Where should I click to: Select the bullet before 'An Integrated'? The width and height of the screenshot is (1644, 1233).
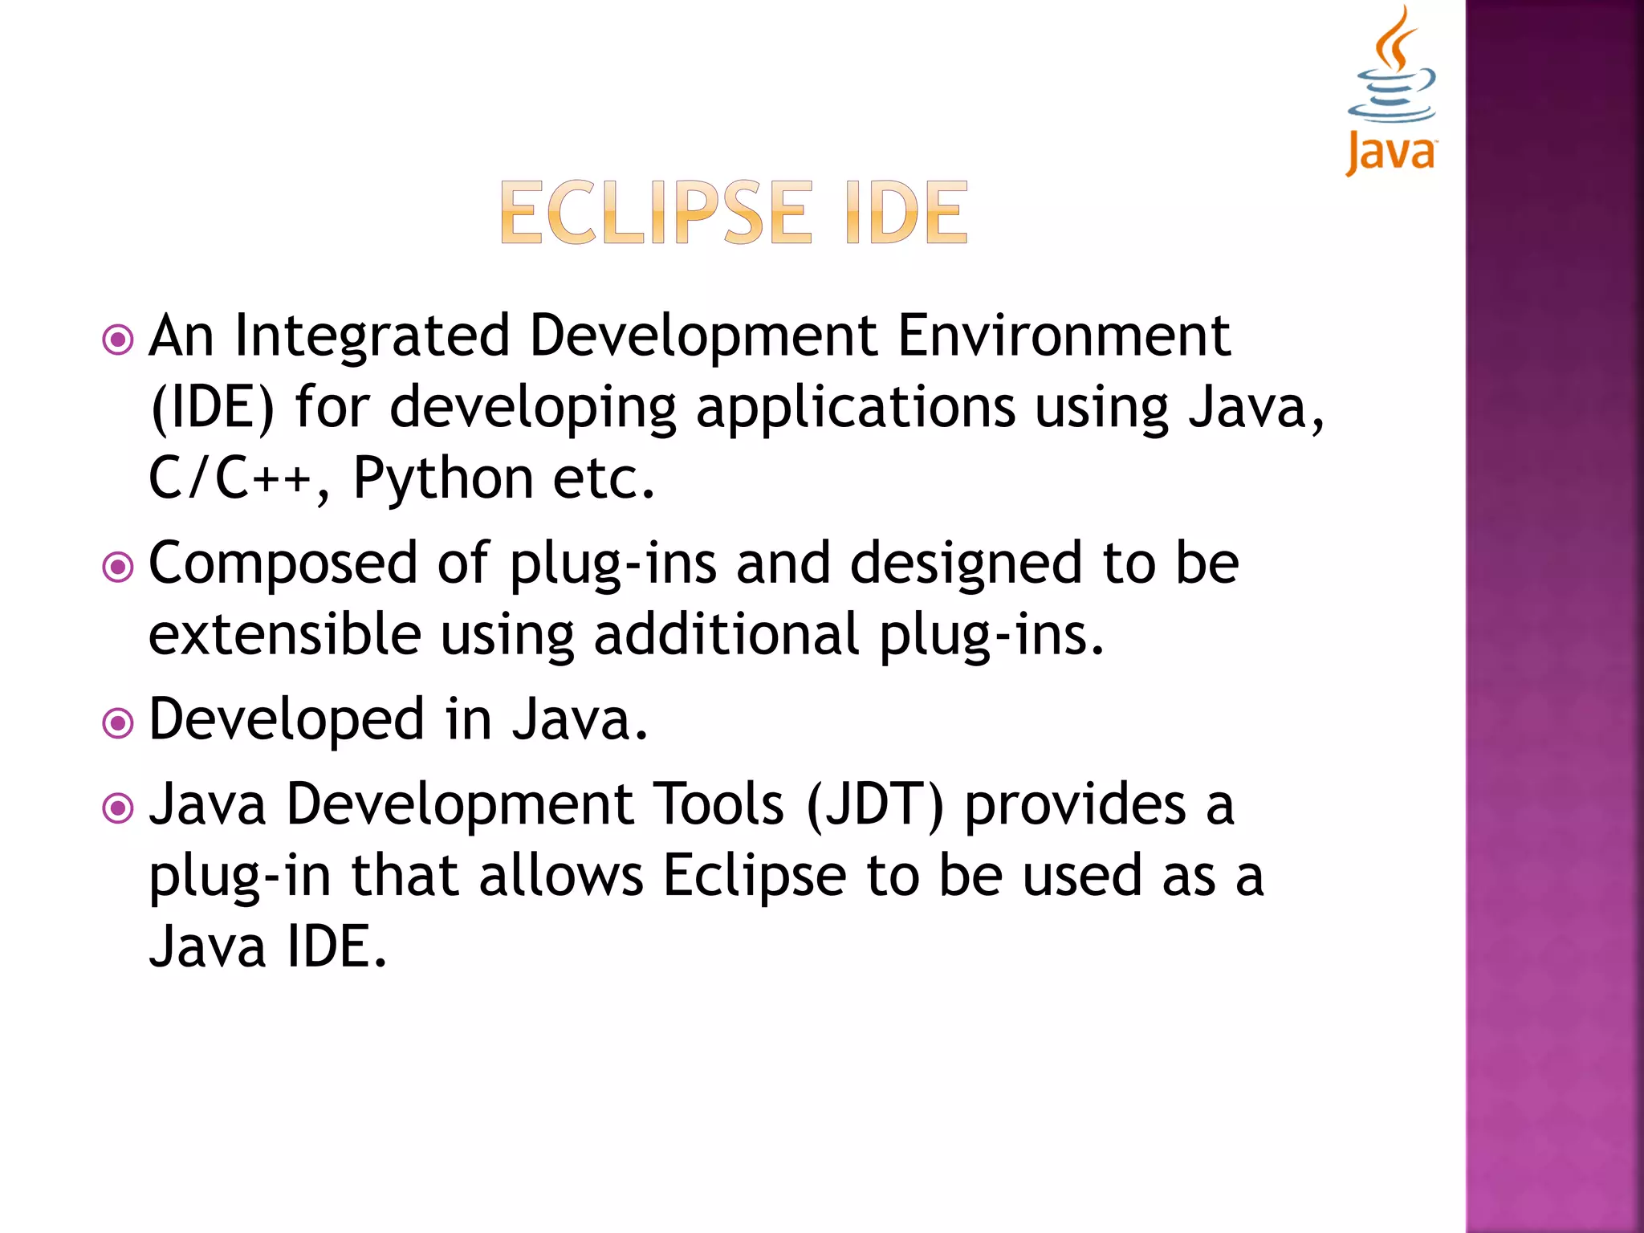coord(118,340)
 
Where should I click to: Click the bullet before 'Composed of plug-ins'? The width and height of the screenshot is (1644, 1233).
coord(118,568)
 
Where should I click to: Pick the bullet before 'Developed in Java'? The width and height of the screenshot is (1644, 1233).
coord(118,723)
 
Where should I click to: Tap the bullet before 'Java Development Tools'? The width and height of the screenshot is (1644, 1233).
coord(118,808)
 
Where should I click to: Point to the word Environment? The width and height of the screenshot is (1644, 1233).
coord(1063,336)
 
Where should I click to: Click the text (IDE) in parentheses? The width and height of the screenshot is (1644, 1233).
coord(213,408)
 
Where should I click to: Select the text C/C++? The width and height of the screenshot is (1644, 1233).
coord(230,478)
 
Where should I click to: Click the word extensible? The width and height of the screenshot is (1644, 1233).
coord(285,634)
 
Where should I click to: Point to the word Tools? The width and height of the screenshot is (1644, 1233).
coord(718,804)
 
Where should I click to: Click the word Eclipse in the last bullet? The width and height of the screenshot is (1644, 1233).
coord(755,877)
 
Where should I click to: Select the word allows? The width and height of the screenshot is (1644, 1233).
coord(561,876)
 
